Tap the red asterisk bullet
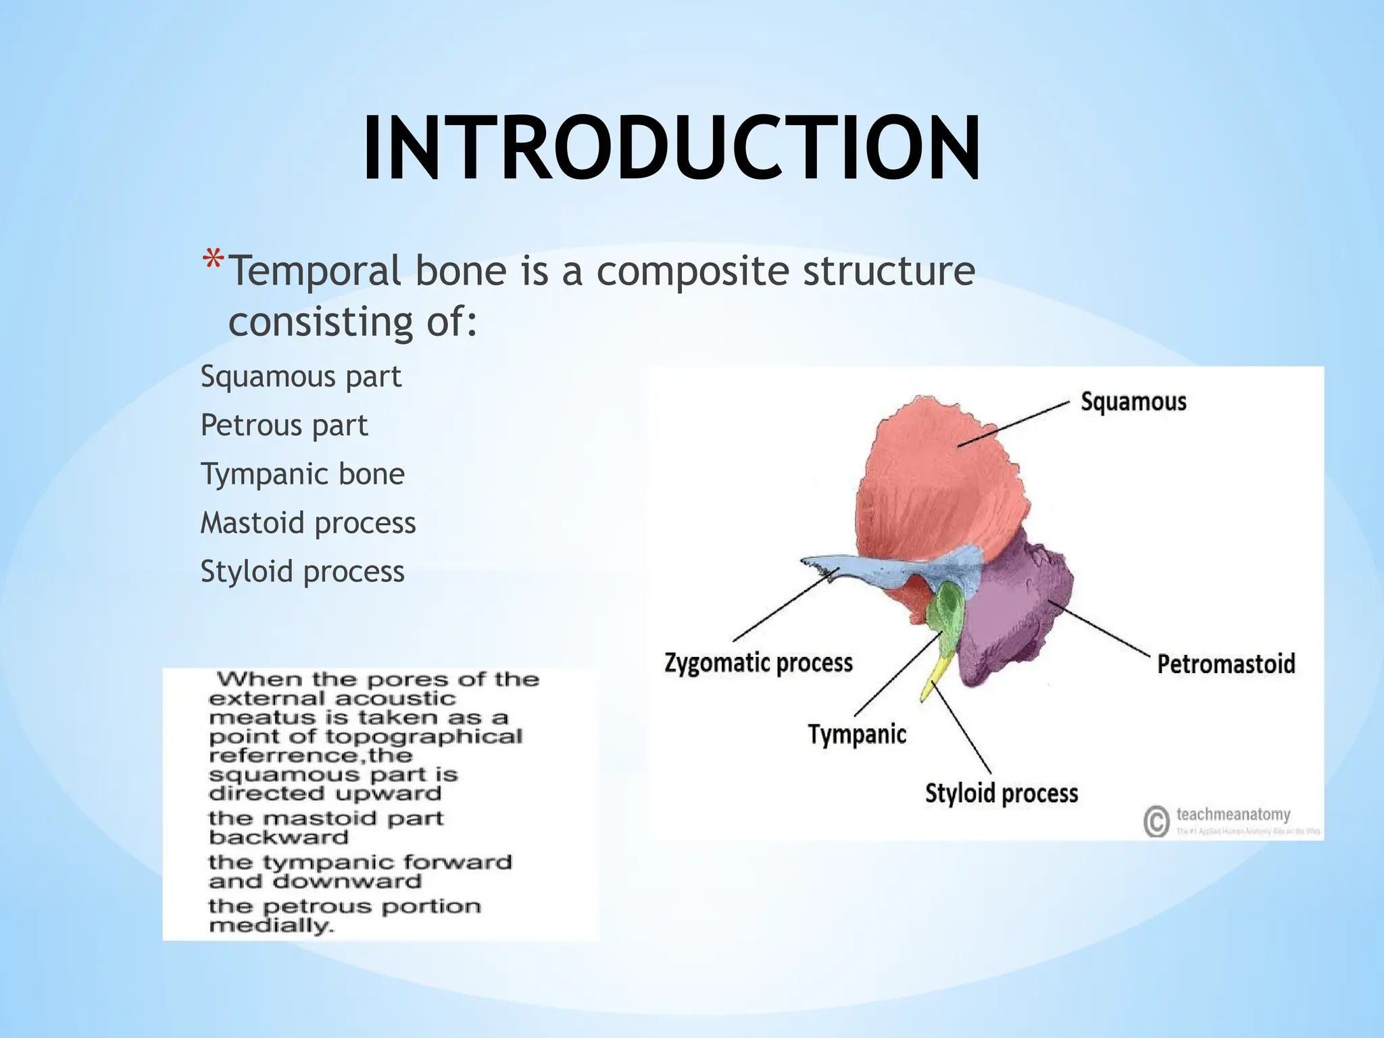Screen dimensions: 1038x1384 coord(213,262)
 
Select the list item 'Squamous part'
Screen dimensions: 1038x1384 coord(301,376)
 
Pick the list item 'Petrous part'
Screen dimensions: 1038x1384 coord(284,425)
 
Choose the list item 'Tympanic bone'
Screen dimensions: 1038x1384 coord(302,474)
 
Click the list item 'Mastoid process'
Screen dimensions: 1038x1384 coord(308,523)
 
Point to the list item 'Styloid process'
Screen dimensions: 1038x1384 coord(302,572)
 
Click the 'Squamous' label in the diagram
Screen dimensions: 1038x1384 coord(1133,401)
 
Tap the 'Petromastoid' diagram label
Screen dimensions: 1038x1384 coord(1226,664)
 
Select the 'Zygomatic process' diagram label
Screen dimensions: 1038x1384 coord(758,662)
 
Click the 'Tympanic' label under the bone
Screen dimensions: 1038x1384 coord(857,734)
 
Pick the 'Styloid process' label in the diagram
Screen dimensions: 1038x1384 coord(1002,793)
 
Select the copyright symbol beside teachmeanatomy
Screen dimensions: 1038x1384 coord(1156,821)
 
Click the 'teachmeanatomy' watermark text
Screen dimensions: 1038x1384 coord(1233,814)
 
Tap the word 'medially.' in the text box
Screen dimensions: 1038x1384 coord(271,925)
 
